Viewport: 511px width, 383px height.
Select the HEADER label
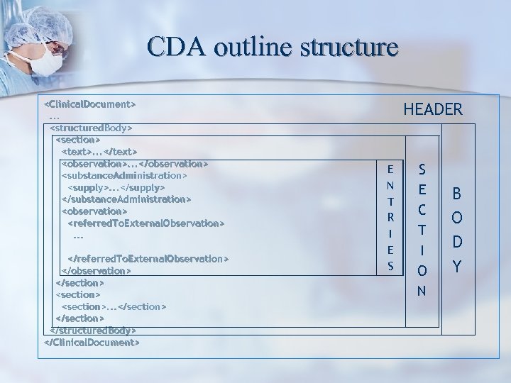433,109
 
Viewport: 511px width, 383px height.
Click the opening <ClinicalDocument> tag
90,104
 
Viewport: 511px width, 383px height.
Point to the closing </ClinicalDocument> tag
92,343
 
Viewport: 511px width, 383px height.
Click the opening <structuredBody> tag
92,128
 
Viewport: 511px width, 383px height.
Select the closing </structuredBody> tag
92,331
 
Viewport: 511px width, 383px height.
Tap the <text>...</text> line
99,152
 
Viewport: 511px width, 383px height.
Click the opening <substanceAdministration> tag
125,175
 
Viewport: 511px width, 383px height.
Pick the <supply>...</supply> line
116,187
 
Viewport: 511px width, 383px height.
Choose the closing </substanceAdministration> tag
126,199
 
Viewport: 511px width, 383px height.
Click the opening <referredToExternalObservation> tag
146,223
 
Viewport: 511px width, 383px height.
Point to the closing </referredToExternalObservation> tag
148,259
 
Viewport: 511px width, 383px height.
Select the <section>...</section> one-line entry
114,306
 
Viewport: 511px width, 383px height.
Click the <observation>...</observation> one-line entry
135,164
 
